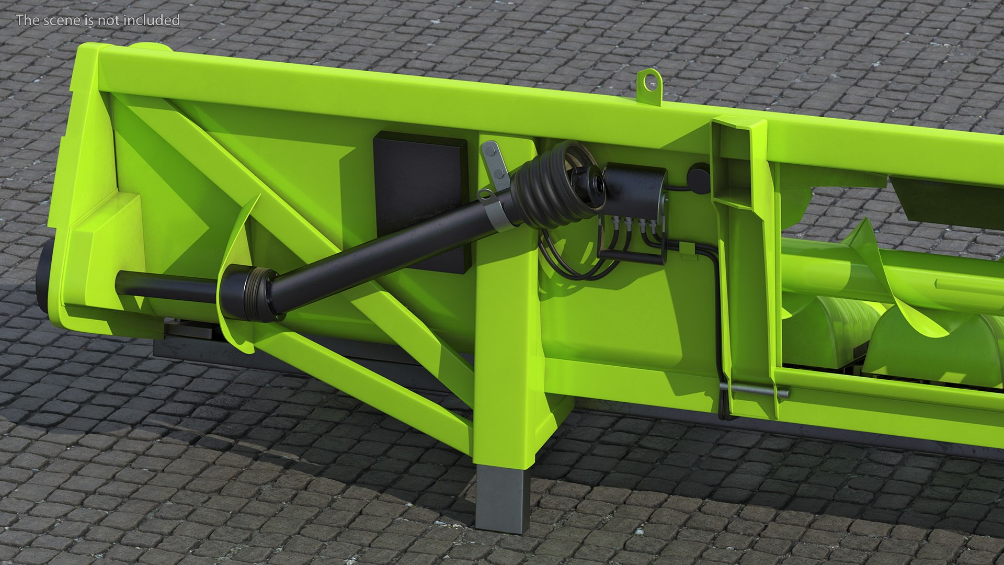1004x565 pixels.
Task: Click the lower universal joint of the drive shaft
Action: [x=251, y=293]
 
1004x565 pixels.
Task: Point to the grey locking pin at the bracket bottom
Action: [x=753, y=390]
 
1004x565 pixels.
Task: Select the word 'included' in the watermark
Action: [x=154, y=20]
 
